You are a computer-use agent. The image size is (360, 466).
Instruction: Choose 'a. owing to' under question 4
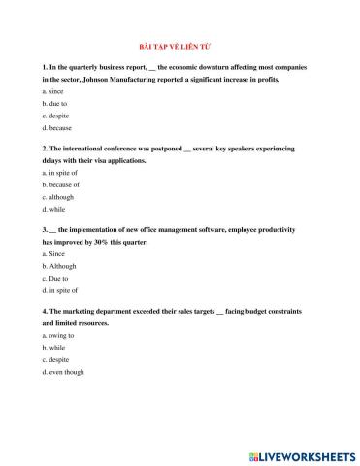click(57, 334)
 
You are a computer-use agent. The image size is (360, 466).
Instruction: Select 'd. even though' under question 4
click(62, 372)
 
